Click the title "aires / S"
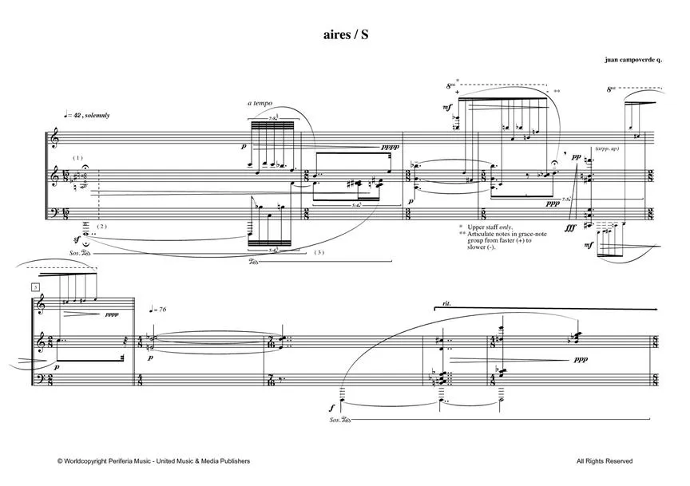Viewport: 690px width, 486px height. point(345,35)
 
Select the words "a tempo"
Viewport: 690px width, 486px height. point(260,104)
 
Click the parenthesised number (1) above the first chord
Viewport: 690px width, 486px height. point(77,158)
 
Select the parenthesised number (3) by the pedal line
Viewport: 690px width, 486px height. point(319,253)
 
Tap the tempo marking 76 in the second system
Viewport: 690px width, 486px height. point(165,310)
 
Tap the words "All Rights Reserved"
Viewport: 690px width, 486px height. point(604,461)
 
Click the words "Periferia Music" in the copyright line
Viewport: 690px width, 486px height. point(137,461)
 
